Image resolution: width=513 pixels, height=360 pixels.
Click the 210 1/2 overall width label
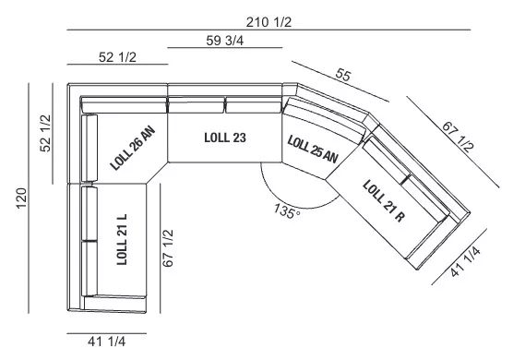point(268,22)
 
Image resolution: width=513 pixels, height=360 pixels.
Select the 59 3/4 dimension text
point(225,41)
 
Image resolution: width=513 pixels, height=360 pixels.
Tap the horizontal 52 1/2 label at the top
point(117,57)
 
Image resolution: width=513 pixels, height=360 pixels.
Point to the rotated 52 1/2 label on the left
point(45,133)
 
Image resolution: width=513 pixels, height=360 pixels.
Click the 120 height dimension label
point(21,198)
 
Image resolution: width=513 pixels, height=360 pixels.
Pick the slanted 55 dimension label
point(343,75)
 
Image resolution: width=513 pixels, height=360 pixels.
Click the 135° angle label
point(287,211)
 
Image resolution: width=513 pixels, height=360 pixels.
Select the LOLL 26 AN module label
point(133,149)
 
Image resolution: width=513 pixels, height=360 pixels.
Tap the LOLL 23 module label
point(225,138)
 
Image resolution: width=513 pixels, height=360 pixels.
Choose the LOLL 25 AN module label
point(313,150)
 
